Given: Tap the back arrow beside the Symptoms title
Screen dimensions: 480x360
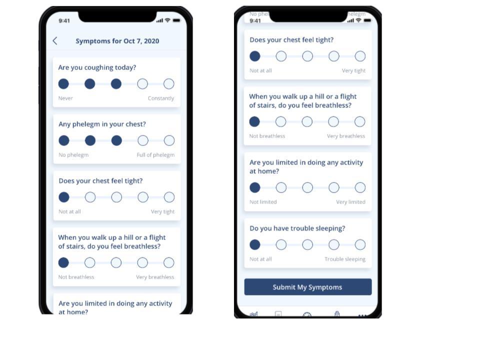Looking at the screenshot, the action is (55, 40).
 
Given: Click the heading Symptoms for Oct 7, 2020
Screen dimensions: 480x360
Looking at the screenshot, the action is (117, 41).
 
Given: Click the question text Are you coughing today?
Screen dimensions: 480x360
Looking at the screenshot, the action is (97, 67).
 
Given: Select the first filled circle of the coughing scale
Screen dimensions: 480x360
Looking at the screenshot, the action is (63, 83).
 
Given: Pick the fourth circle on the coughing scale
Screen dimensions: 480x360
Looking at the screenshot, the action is (142, 83).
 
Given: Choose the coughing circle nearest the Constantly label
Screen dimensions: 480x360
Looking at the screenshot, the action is (168, 83).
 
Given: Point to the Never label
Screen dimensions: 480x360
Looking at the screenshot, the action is (65, 98).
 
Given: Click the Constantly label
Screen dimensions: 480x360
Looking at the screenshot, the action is (161, 98).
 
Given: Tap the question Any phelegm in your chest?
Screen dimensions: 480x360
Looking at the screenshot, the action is (102, 124).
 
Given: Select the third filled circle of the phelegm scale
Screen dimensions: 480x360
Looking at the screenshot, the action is (116, 140).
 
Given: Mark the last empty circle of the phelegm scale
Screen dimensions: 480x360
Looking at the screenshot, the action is (169, 140).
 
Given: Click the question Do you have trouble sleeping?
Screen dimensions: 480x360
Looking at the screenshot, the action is (297, 228).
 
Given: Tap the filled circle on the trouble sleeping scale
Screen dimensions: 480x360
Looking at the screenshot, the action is (255, 244).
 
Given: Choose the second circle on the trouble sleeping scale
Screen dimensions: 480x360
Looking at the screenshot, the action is (281, 244).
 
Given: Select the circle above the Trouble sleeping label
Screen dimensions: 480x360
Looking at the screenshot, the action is (360, 244).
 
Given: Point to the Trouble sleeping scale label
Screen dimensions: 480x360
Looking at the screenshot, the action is (345, 259).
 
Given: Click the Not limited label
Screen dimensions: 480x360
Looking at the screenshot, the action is (263, 202).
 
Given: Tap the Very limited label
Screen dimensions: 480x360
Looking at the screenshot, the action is (351, 202).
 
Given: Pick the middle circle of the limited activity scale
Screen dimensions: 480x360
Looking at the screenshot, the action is (307, 187).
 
